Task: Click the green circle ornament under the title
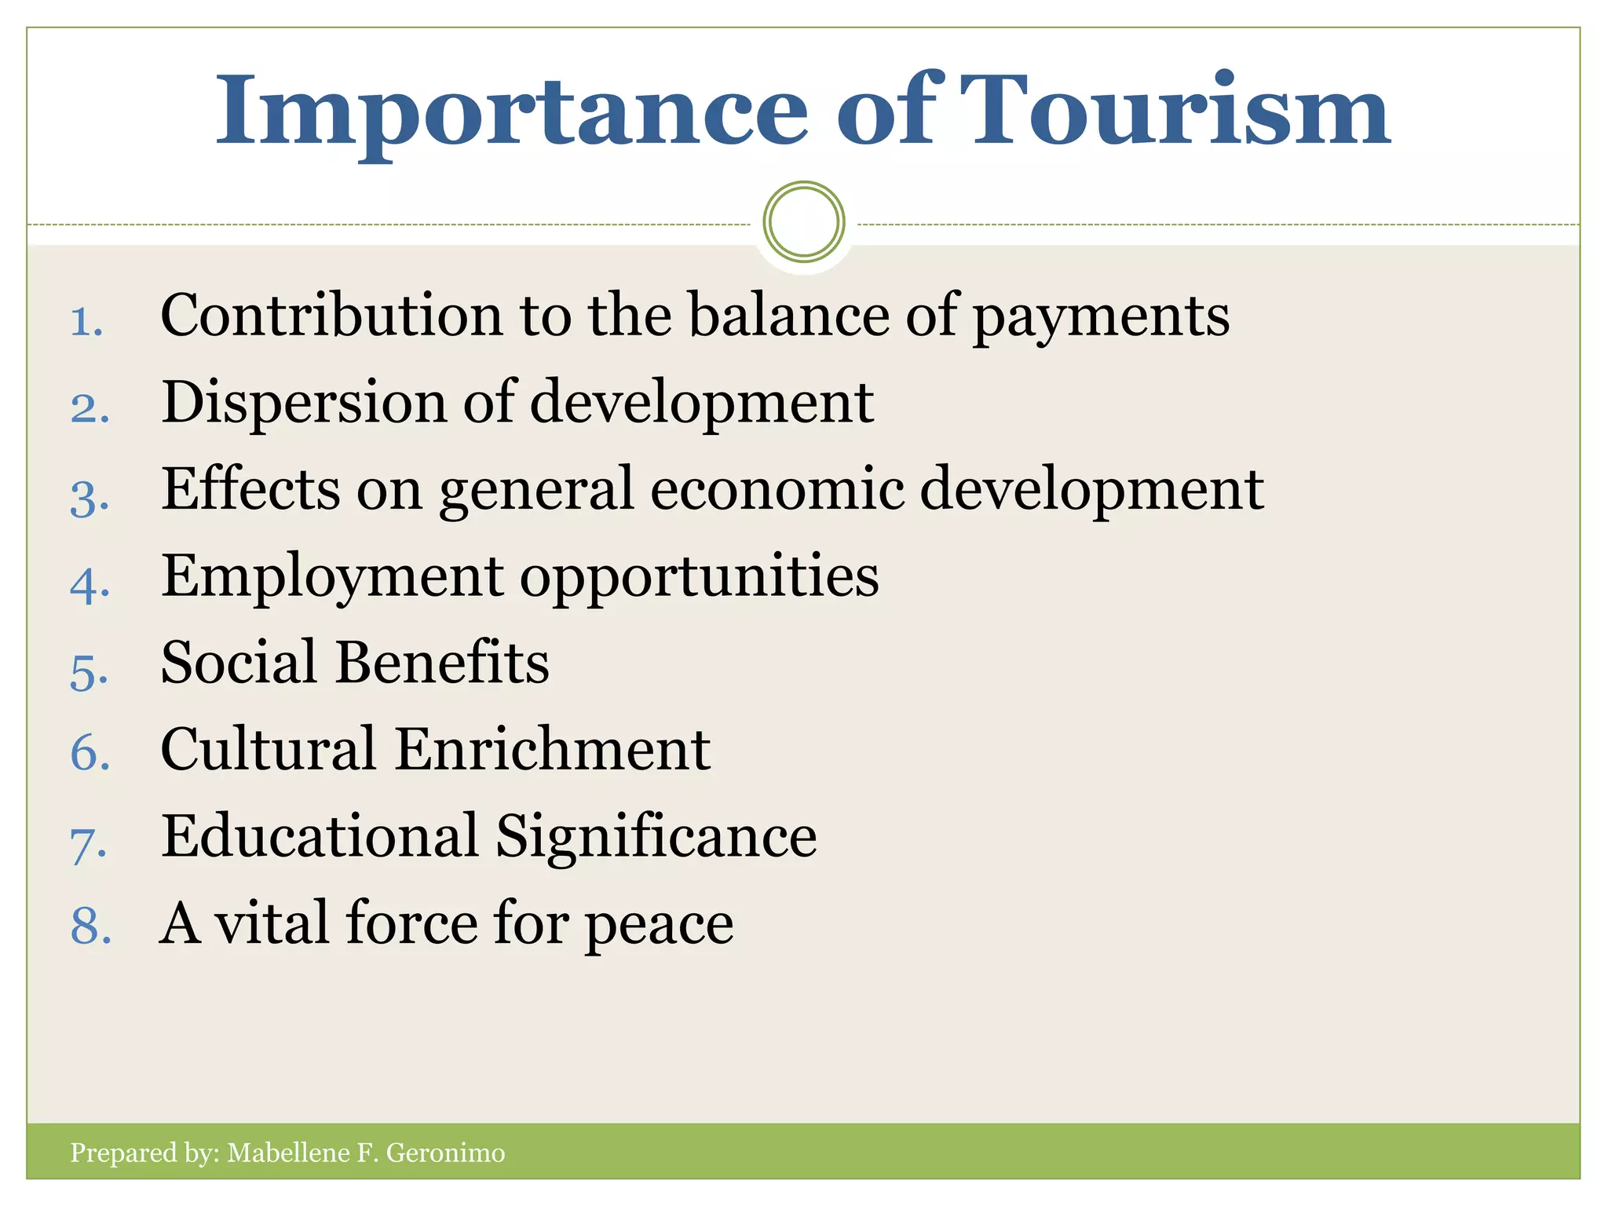803,221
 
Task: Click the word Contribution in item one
331,316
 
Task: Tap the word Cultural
268,749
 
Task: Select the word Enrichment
553,749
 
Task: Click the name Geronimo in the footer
445,1153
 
